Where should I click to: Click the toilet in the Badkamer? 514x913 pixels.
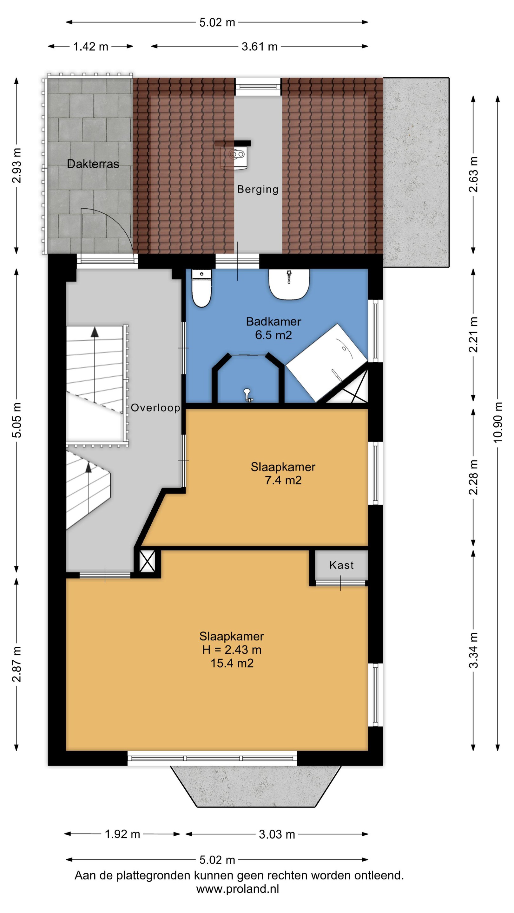[201, 288]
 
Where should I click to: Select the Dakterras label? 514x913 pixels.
[93, 164]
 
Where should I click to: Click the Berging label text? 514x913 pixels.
[258, 189]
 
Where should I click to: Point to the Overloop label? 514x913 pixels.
[155, 408]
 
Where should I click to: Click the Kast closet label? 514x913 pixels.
[341, 565]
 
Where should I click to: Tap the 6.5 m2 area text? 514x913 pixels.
[273, 335]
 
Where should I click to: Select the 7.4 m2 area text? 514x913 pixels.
[283, 480]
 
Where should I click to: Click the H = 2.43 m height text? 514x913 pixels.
[232, 650]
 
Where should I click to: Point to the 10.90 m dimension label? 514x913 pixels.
[498, 422]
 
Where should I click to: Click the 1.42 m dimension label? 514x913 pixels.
[90, 46]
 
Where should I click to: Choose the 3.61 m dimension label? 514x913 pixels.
[259, 46]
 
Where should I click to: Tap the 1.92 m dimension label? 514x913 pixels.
[122, 834]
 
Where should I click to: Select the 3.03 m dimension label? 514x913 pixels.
[277, 834]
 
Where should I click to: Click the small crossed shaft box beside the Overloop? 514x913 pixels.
[147, 561]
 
